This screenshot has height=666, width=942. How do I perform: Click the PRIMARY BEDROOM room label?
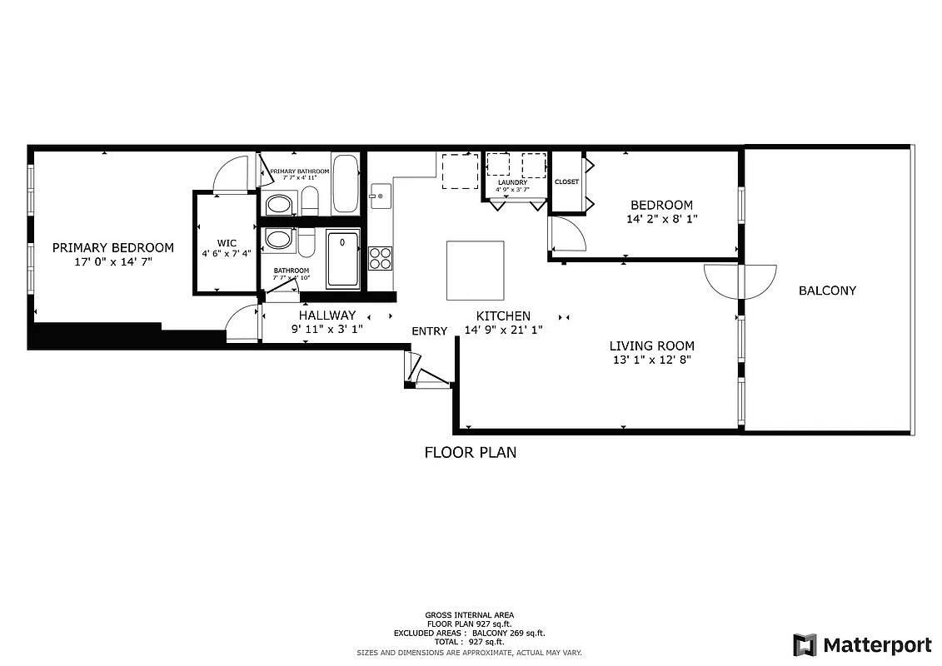pos(113,247)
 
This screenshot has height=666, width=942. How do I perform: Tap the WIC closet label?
pos(227,243)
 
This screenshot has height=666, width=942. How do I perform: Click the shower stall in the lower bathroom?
pos(342,260)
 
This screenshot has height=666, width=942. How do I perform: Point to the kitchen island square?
pos(475,271)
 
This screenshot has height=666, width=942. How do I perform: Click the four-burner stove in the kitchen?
pos(381,258)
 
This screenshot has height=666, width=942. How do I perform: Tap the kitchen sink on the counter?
pos(380,196)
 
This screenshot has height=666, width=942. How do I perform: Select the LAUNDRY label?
pos(513,181)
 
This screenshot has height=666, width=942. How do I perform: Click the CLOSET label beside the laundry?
pos(566,181)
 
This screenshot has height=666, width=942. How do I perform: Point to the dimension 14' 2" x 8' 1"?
pos(661,220)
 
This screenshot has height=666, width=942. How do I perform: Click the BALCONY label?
pos(827,291)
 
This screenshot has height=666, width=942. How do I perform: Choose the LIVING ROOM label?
pos(651,345)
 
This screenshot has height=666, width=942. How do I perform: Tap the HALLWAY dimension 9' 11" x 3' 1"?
pos(326,329)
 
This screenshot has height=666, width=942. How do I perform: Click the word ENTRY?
pos(429,331)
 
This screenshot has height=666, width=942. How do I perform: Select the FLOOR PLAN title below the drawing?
pos(470,453)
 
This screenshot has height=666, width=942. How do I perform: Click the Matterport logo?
pos(862,644)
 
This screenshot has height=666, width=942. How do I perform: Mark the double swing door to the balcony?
pos(740,281)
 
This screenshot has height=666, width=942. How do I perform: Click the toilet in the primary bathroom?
pos(309,200)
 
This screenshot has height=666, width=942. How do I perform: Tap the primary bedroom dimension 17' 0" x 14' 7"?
pos(113,261)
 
